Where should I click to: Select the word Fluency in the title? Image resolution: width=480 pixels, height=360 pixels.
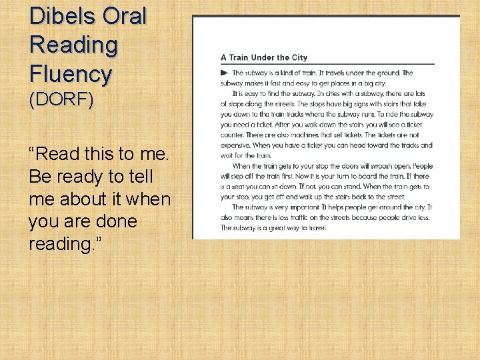pyautogui.click(x=70, y=74)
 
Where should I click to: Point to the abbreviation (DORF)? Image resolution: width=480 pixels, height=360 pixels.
pyautogui.click(x=61, y=100)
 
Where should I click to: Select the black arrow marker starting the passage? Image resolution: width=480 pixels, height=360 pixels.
pyautogui.click(x=224, y=73)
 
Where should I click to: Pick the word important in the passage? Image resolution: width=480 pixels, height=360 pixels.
pyautogui.click(x=304, y=207)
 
